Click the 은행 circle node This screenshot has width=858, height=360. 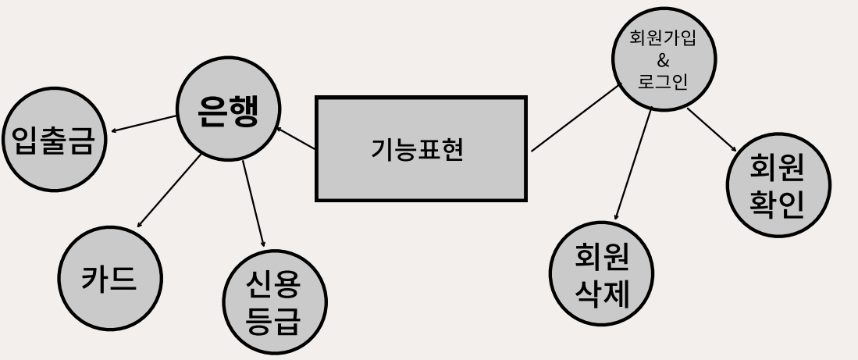(x=228, y=109)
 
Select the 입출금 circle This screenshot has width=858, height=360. (x=54, y=140)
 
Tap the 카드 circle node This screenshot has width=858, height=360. (x=109, y=278)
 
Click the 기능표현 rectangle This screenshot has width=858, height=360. (x=421, y=148)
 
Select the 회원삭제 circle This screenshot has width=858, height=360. (x=601, y=273)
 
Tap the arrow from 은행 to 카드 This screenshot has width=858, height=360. (x=169, y=191)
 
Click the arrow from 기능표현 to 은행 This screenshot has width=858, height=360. (x=297, y=138)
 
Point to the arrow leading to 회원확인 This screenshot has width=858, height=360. (x=712, y=130)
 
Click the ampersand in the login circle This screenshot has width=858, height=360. (x=663, y=60)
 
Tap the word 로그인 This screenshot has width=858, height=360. (x=663, y=81)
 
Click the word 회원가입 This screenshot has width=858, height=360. (x=663, y=39)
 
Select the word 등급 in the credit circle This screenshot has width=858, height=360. (x=274, y=321)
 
